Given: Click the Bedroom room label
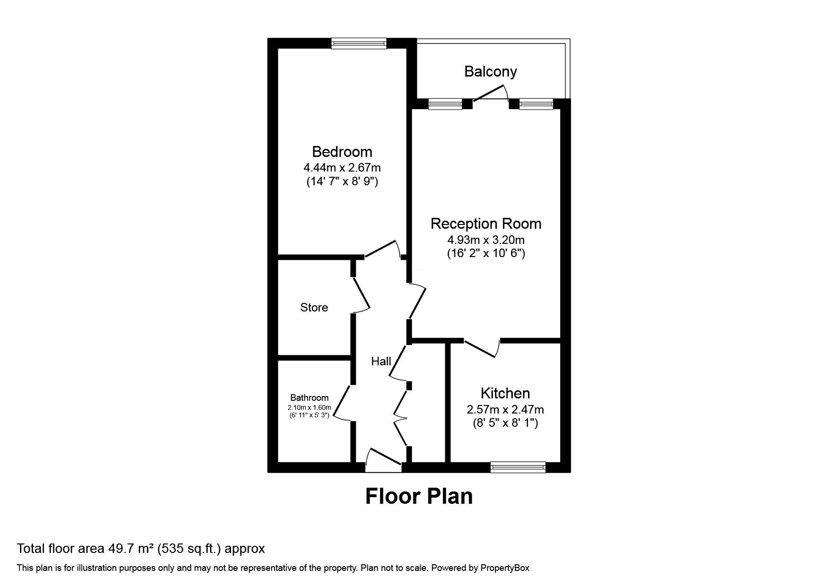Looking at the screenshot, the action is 342,152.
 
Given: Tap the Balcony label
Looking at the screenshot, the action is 490,72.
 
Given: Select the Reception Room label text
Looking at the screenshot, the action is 486,224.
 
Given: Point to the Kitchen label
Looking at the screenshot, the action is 505,393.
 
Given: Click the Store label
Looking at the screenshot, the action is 314,308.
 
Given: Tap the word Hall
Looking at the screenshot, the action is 381,362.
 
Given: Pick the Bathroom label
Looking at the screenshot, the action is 309,398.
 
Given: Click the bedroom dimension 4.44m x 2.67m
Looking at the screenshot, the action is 342,167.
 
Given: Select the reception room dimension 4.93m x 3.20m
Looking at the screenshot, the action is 486,240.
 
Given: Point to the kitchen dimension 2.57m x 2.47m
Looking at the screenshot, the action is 505,409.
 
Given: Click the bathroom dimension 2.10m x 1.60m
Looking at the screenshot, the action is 309,408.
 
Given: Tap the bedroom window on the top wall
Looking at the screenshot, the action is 359,43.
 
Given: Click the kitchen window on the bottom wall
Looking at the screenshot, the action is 518,467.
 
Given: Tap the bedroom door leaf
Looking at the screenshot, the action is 380,249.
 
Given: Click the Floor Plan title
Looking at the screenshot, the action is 419,496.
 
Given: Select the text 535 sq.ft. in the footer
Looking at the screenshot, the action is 189,549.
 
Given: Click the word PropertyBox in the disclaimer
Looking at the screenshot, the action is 505,568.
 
